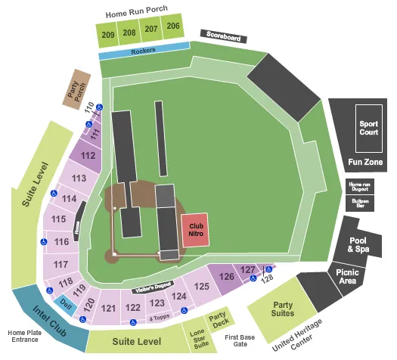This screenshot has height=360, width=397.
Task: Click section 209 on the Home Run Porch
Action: (x=107, y=33)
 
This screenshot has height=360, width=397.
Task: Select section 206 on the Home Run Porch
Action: (x=173, y=27)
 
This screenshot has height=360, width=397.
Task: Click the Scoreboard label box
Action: (x=221, y=35)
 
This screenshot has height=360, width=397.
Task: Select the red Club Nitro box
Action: (x=197, y=229)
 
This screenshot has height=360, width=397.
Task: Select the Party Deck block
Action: (x=219, y=321)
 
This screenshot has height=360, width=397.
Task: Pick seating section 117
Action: (x=61, y=264)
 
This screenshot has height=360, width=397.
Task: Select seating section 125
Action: (x=201, y=287)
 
